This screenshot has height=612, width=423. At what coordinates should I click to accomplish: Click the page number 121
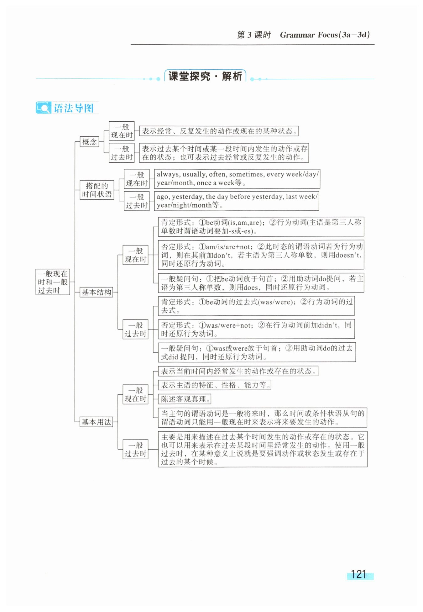pos(358,574)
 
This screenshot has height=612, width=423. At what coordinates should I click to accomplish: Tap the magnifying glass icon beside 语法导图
pos(43,108)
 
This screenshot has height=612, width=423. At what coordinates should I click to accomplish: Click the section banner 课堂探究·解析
pos(205,76)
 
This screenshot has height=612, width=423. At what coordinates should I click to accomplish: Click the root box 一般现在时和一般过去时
pos(53,282)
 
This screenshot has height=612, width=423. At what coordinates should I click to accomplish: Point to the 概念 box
pos(89,142)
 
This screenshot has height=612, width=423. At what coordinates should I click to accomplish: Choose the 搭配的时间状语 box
pos(97,190)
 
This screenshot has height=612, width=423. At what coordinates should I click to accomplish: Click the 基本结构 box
pos(96,292)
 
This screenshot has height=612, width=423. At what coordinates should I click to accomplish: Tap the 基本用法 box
pos(96,422)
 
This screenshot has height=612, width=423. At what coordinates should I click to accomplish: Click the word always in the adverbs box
pos(168,174)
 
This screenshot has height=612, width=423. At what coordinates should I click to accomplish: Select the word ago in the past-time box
pos(162,197)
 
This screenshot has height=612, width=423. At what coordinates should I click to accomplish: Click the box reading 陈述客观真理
pos(185,399)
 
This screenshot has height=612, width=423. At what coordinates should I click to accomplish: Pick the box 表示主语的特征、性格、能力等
pos(215,385)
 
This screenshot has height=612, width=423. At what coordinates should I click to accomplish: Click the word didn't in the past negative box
pos(329,325)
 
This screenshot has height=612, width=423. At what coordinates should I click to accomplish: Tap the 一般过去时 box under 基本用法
pos(135,450)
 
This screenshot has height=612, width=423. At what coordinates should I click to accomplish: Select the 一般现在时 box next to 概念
pos(122,131)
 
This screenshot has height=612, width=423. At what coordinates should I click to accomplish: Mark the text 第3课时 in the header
pos(254,35)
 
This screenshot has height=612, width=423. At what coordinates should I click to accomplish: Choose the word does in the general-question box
pos(251,287)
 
